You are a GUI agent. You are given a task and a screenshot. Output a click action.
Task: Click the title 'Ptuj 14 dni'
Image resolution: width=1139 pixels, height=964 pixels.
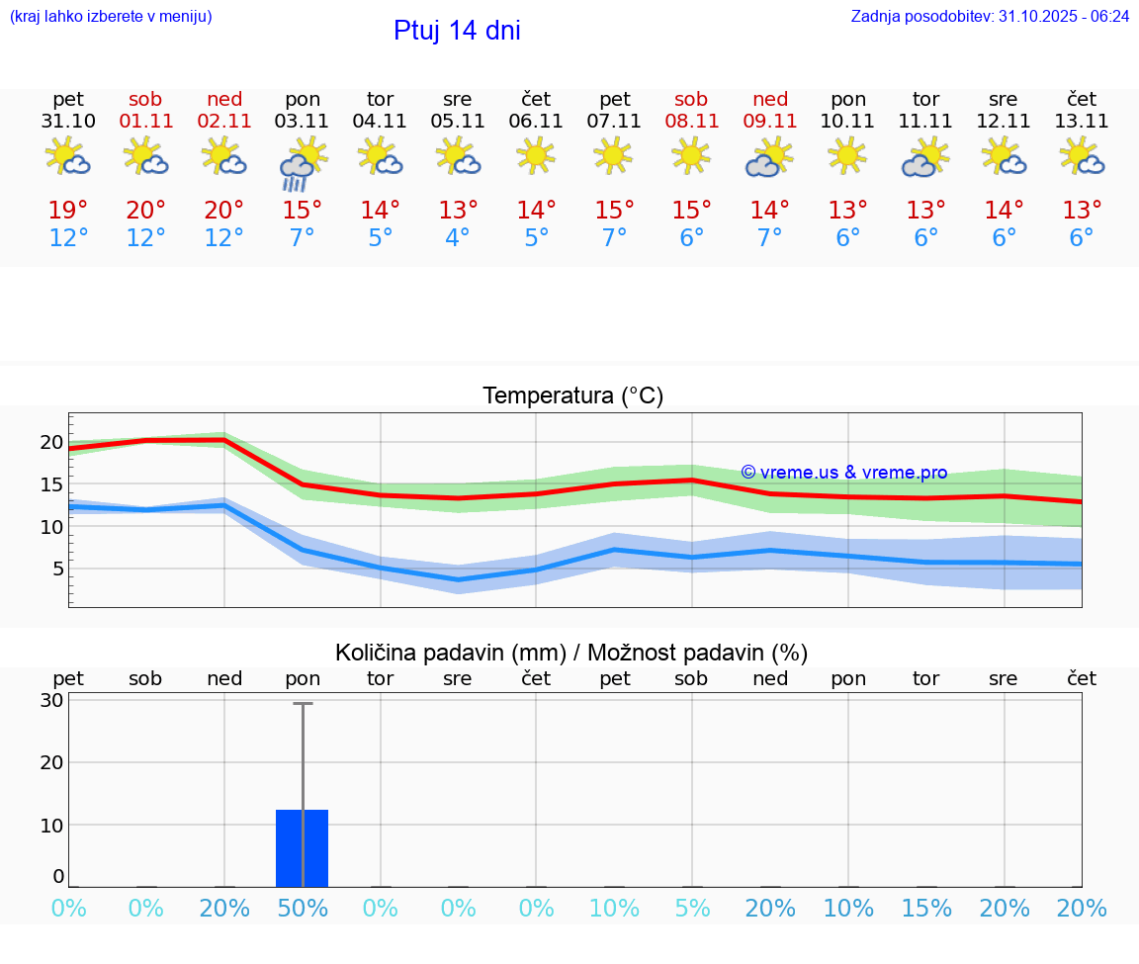[x=457, y=31]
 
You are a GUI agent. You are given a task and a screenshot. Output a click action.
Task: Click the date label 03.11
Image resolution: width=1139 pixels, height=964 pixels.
[x=302, y=122]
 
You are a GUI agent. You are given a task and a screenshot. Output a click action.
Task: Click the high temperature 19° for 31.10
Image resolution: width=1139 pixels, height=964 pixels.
[x=68, y=211]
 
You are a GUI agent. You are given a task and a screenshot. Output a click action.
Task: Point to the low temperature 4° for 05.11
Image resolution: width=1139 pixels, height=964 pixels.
[x=458, y=238]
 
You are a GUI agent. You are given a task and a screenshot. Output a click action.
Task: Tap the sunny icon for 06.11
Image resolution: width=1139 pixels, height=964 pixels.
[x=536, y=154]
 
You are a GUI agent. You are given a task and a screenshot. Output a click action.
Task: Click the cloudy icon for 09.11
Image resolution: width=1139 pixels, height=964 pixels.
[x=769, y=157]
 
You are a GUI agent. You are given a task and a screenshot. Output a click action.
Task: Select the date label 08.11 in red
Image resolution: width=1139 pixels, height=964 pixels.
[x=691, y=122]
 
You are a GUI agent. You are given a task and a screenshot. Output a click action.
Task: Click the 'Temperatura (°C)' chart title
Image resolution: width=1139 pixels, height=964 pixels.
[x=572, y=396]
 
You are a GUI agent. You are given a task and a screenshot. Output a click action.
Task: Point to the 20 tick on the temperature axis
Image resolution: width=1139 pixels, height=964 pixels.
[x=51, y=442]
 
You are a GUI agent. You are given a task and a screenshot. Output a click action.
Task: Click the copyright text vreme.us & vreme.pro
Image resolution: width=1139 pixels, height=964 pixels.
[x=843, y=473]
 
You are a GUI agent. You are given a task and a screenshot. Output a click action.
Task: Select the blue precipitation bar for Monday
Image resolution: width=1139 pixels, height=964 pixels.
[x=302, y=848]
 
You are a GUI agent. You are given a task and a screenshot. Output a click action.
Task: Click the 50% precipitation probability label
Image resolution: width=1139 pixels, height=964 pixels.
[x=303, y=909]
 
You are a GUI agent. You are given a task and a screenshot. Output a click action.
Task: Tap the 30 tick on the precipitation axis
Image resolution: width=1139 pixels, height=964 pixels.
[x=51, y=700]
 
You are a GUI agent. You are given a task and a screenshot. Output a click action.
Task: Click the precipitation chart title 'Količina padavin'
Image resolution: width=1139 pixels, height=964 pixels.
[x=571, y=653]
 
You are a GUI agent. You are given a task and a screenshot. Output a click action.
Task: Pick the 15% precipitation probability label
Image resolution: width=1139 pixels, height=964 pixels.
[x=926, y=909]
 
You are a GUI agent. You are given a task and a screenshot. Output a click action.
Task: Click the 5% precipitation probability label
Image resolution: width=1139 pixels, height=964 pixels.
[x=691, y=909]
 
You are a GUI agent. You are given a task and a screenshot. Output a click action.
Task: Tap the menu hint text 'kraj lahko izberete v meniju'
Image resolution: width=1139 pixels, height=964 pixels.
[x=111, y=17]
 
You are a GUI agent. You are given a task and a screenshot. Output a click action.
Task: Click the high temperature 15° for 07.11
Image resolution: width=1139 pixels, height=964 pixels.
[x=614, y=211]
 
